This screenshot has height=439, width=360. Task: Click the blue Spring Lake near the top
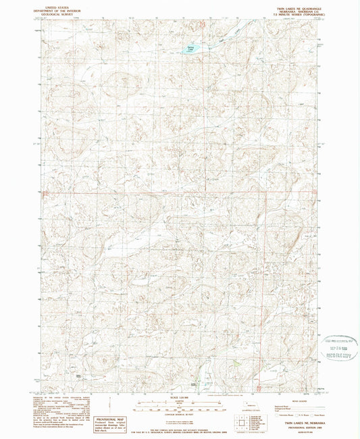(190, 49)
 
